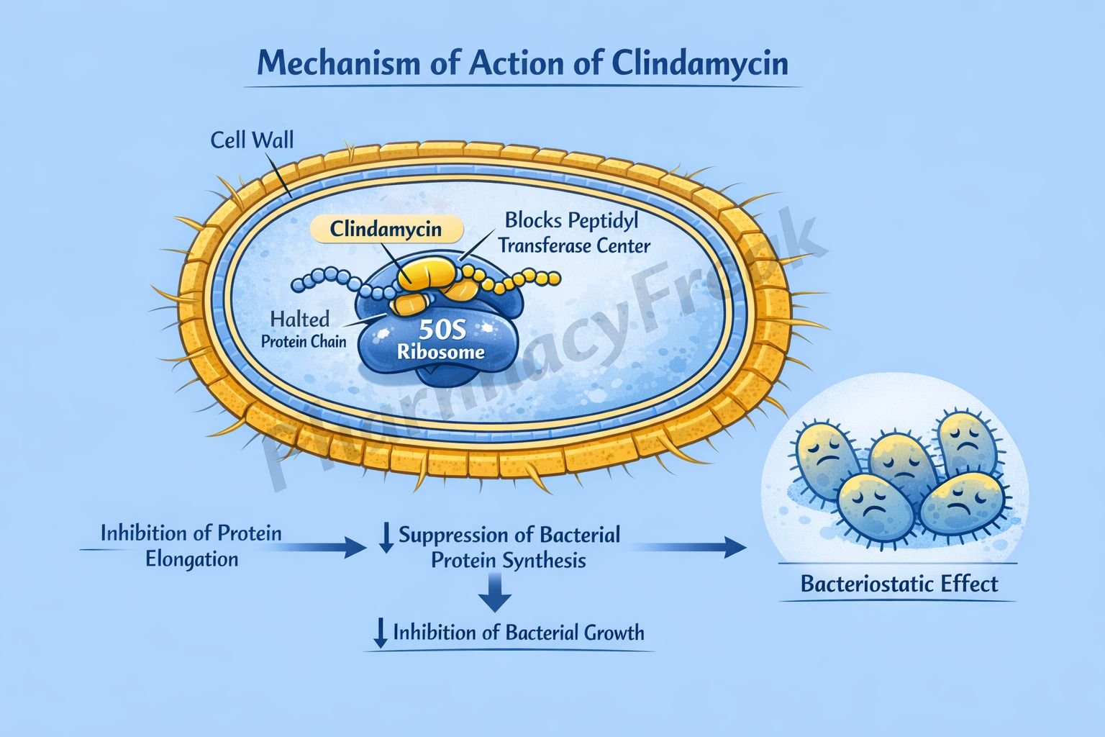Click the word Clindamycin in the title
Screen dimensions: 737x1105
pos(700,63)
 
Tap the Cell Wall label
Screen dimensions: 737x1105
pos(252,140)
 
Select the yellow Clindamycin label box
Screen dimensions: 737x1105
pos(386,230)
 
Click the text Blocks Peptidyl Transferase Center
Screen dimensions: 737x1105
pos(574,232)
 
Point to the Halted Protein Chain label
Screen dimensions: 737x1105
pos(302,329)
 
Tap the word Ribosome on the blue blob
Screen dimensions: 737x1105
pos(441,353)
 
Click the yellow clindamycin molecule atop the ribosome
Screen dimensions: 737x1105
pos(427,274)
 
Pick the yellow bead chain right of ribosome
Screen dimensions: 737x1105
pos(525,279)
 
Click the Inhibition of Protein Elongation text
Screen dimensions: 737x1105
pos(191,546)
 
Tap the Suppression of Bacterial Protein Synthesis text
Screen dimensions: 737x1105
pos(509,548)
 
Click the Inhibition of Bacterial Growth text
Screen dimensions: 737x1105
pos(518,633)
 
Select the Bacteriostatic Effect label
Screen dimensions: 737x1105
pos(899,583)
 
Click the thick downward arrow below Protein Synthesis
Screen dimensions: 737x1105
pos(496,593)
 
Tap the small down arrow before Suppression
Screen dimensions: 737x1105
pos(386,538)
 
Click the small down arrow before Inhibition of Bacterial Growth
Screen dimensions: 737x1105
pos(379,633)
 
